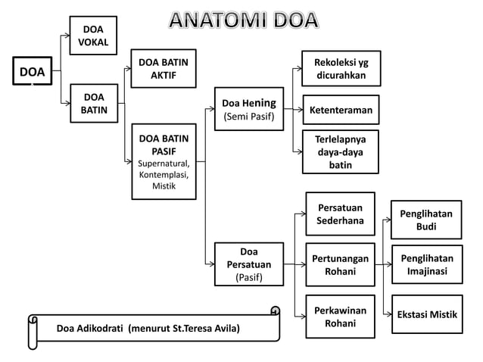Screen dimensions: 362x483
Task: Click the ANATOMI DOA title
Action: pos(243,20)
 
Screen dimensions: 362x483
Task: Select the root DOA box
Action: pos(32,73)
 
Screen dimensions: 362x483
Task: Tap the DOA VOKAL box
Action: pos(93,36)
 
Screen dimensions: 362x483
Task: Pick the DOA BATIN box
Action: pos(93,104)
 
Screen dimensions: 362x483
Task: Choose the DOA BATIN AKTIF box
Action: pos(164,68)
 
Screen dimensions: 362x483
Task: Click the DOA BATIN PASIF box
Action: pos(164,161)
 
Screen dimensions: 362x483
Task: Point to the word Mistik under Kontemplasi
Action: pos(164,186)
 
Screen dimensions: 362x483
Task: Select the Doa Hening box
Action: pos(248,109)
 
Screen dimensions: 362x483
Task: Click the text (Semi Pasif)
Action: pos(248,117)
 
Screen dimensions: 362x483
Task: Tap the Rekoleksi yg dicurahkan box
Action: pos(341,69)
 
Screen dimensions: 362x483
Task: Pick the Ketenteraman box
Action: pos(341,111)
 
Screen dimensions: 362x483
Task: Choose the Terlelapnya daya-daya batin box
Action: pos(341,152)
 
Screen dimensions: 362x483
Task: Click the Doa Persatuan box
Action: pos(248,264)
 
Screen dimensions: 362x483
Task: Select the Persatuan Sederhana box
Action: pos(340,214)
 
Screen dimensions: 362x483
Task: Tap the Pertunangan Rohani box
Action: pos(340,265)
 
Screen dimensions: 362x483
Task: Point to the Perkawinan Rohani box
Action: pos(340,317)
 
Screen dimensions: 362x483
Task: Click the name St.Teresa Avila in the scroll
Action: pos(204,329)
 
